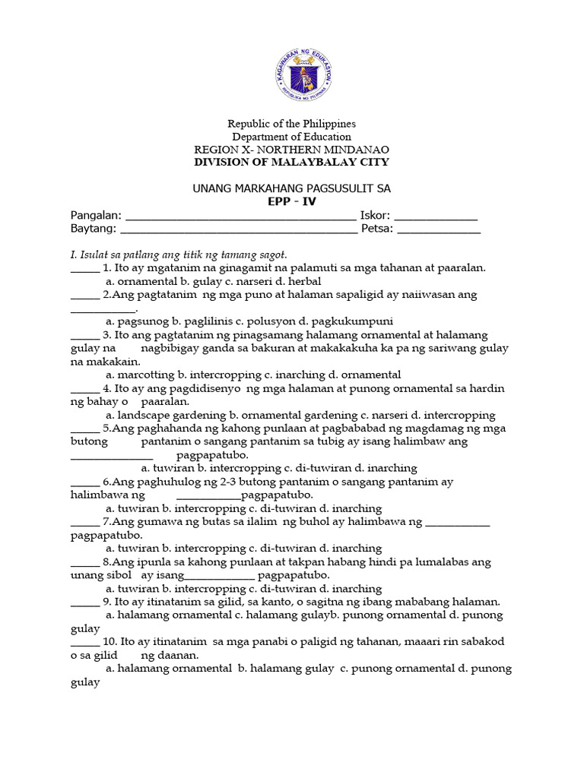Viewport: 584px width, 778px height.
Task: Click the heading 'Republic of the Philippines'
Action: coord(293,123)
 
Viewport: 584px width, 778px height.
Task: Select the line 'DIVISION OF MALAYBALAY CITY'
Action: coord(293,162)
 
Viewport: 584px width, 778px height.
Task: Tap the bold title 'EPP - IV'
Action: coord(292,201)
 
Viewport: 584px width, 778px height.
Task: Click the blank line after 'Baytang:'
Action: coord(239,230)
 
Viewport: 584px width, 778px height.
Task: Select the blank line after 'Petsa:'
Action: coord(440,230)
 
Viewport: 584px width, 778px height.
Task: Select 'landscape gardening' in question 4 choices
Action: coord(167,415)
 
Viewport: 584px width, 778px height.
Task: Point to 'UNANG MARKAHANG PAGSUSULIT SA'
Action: coord(293,188)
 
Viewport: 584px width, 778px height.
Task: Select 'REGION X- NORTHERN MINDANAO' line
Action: coord(293,149)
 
